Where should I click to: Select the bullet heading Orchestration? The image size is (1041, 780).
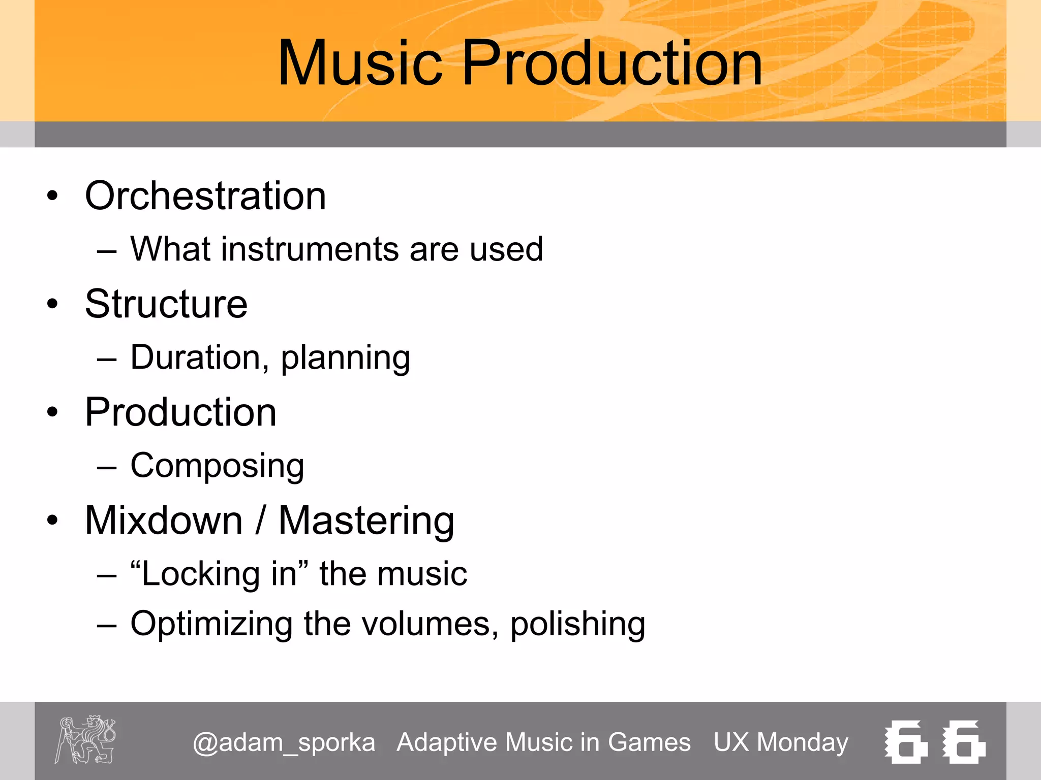[205, 196]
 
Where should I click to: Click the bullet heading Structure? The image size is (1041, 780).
[166, 304]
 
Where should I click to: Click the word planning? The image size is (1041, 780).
[345, 359]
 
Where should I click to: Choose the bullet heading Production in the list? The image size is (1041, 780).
[180, 412]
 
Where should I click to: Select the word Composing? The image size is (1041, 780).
[217, 466]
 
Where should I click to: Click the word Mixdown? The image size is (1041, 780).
[164, 521]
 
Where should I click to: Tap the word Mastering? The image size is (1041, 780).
[366, 521]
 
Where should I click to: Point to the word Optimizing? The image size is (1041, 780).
[211, 624]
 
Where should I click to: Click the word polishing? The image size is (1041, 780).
[577, 624]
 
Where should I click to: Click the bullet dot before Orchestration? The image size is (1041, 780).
[52, 196]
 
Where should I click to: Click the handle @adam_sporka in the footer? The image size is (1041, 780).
[284, 742]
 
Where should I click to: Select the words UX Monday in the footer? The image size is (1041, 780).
[781, 742]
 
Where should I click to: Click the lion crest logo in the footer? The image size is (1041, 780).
[85, 740]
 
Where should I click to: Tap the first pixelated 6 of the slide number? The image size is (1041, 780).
[907, 741]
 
